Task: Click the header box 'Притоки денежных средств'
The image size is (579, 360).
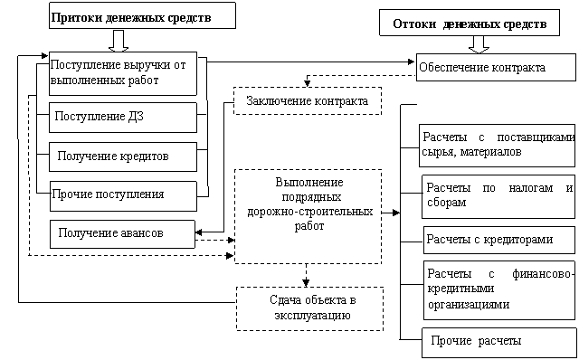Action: (x=142, y=15)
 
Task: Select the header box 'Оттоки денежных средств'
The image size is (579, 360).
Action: (x=470, y=23)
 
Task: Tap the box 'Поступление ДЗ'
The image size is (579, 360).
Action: (x=123, y=118)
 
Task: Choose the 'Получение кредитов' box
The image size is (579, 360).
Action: (x=123, y=156)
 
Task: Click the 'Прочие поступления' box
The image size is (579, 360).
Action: (x=123, y=196)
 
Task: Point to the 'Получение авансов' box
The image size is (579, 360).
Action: (x=122, y=234)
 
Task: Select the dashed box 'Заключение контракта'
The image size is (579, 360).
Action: (x=308, y=100)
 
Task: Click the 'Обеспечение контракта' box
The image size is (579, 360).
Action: (x=496, y=67)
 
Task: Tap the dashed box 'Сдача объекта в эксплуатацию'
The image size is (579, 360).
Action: (x=309, y=308)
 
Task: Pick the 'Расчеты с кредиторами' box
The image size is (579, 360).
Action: (x=498, y=240)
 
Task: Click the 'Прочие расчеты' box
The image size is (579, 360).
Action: (x=498, y=342)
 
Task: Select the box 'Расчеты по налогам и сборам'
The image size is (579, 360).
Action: (x=498, y=196)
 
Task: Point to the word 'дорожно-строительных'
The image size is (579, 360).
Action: (x=309, y=212)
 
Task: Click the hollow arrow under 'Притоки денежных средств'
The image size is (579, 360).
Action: (x=119, y=41)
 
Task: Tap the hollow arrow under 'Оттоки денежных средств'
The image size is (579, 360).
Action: (x=479, y=44)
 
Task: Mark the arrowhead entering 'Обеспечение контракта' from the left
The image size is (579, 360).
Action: (x=411, y=62)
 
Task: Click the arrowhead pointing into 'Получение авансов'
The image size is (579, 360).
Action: (x=199, y=232)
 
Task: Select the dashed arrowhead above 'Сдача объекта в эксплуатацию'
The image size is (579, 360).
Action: (x=306, y=283)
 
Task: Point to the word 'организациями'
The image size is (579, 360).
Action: (x=469, y=305)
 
